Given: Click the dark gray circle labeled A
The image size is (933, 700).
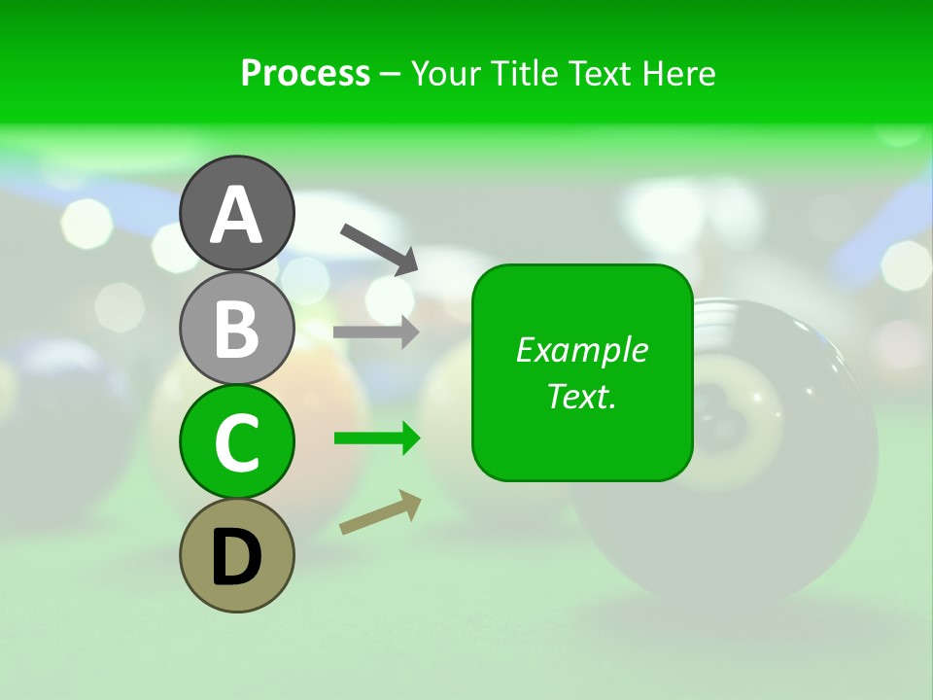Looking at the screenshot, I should [x=236, y=213].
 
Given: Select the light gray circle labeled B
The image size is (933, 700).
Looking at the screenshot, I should [x=236, y=328].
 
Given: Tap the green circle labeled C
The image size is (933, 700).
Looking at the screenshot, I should [x=236, y=441].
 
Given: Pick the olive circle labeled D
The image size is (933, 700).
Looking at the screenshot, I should [x=236, y=555].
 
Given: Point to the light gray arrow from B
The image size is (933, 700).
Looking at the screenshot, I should [x=376, y=332].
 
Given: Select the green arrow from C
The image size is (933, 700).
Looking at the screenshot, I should [x=376, y=438].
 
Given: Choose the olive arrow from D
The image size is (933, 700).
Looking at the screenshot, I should [x=380, y=512].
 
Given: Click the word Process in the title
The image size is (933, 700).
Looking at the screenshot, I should [x=305, y=73].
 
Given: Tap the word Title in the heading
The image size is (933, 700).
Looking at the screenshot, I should [x=522, y=73].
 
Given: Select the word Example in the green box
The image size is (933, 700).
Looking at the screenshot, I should [x=581, y=350].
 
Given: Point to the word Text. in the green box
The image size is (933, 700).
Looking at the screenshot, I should [x=581, y=396].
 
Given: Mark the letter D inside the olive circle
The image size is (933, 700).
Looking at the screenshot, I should [x=236, y=557].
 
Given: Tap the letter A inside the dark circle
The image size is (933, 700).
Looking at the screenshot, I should [x=236, y=215].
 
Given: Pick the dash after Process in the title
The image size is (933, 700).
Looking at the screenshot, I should [x=390, y=75].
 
